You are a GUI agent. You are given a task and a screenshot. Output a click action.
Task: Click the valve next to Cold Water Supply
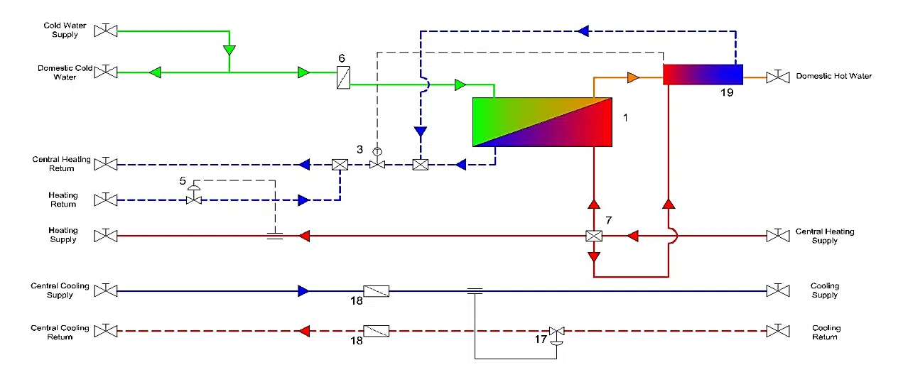tap(107, 31)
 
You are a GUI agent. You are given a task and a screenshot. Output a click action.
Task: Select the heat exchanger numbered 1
tap(542, 122)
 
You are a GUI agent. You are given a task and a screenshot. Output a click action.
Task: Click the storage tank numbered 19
tap(703, 75)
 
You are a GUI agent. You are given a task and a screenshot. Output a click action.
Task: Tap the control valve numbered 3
tap(377, 164)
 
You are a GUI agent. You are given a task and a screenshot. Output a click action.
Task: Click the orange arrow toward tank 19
tap(634, 77)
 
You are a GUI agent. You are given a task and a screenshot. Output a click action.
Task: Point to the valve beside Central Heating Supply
tap(778, 236)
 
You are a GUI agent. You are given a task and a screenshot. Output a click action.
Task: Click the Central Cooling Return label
tap(60, 332)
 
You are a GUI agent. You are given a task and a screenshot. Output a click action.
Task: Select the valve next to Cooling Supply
tap(778, 290)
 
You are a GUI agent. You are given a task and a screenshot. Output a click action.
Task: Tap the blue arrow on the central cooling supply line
tap(303, 290)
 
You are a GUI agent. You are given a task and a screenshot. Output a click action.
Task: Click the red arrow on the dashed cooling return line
tap(303, 331)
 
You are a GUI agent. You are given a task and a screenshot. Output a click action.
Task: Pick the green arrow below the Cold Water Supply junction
tap(229, 51)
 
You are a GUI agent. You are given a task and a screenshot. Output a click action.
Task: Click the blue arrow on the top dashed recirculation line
tap(583, 31)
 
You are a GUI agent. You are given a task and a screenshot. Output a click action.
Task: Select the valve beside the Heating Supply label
tap(107, 236)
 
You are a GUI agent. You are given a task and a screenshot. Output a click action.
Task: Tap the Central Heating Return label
tap(61, 164)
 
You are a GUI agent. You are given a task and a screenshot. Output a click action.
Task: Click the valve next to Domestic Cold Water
tap(107, 72)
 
